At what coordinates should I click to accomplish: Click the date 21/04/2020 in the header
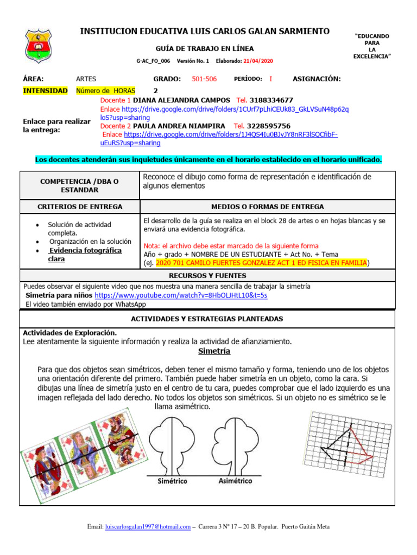[x=258, y=62]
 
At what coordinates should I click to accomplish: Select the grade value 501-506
[x=204, y=79]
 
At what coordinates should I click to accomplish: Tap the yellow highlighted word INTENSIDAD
[x=45, y=91]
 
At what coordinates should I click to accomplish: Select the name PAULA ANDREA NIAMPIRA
[x=179, y=126]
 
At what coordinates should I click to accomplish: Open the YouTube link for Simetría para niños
[x=181, y=295]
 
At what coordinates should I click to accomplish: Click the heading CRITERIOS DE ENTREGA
[x=80, y=206]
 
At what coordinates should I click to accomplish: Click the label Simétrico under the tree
[x=172, y=481]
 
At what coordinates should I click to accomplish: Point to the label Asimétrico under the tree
[x=235, y=481]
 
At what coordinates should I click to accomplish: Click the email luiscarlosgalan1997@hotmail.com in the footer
[x=147, y=527]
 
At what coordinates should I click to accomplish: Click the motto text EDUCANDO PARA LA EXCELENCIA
[x=372, y=46]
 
